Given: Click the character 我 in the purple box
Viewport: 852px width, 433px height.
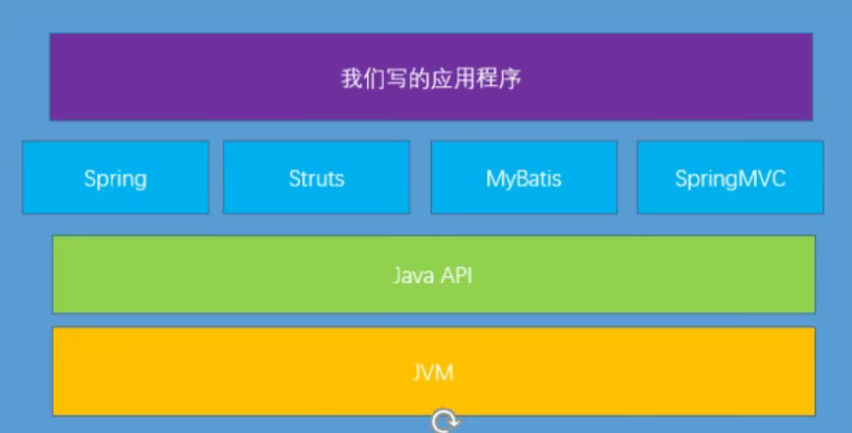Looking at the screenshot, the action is pos(352,78).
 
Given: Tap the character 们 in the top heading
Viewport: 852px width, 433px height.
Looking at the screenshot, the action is pos(374,78).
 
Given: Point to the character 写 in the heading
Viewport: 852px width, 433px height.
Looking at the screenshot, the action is pos(397,78).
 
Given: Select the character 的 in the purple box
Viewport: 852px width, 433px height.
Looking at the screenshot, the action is pos(419,78).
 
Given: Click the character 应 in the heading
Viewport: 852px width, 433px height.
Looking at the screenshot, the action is pos(442,78).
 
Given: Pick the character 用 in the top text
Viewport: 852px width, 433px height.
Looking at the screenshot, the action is pos(464,78).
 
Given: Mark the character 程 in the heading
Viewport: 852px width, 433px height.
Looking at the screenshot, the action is pos(487,78).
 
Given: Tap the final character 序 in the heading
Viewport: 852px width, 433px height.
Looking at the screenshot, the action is pos(509,78).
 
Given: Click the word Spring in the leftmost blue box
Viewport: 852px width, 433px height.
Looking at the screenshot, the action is pos(116,179).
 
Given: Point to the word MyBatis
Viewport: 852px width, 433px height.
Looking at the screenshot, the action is pos(524,179).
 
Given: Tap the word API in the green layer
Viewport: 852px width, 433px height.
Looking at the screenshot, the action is pos(455,275).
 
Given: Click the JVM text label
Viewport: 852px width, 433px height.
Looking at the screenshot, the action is pos(433,372).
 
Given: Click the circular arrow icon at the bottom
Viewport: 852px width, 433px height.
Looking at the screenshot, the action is pos(445,422).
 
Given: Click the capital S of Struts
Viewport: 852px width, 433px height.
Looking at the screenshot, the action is pos(294,179).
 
